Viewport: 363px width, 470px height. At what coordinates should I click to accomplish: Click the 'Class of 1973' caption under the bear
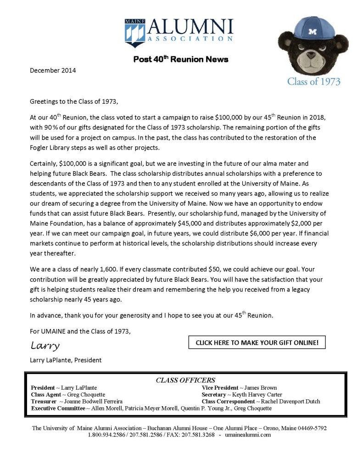tap(314, 82)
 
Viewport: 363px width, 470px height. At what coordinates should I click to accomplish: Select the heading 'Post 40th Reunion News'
tap(181, 59)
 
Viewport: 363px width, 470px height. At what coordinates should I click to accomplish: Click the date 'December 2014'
tap(53, 70)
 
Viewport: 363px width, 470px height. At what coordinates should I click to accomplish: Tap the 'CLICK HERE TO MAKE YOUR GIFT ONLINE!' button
tap(257, 342)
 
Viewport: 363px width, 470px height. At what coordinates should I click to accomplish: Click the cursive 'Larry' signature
tap(45, 345)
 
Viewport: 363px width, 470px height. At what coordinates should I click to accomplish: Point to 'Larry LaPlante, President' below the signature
tap(66, 360)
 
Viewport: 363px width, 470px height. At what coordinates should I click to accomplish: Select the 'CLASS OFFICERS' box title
tap(185, 380)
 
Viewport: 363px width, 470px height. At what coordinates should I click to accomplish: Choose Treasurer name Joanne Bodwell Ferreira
tap(96, 402)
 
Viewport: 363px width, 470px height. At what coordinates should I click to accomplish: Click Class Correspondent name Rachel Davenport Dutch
tap(290, 402)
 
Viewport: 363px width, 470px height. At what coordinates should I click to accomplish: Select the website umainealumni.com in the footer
tap(248, 435)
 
